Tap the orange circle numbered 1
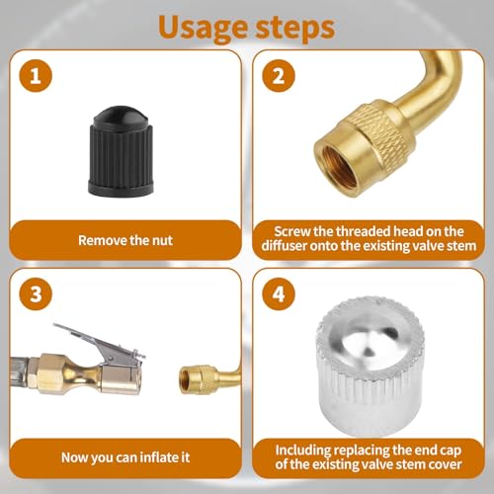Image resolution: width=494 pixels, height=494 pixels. (x=36, y=76)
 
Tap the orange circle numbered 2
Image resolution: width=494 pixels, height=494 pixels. (x=279, y=76)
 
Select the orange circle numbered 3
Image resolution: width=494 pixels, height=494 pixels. (x=36, y=293)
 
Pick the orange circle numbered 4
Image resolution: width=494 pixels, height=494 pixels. (x=279, y=293)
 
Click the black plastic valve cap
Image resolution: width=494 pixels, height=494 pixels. (x=121, y=150)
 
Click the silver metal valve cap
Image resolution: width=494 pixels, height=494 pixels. (x=370, y=367)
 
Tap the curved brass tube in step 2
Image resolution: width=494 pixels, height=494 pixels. (x=428, y=79)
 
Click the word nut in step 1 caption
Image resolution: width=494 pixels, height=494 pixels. (x=162, y=240)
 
